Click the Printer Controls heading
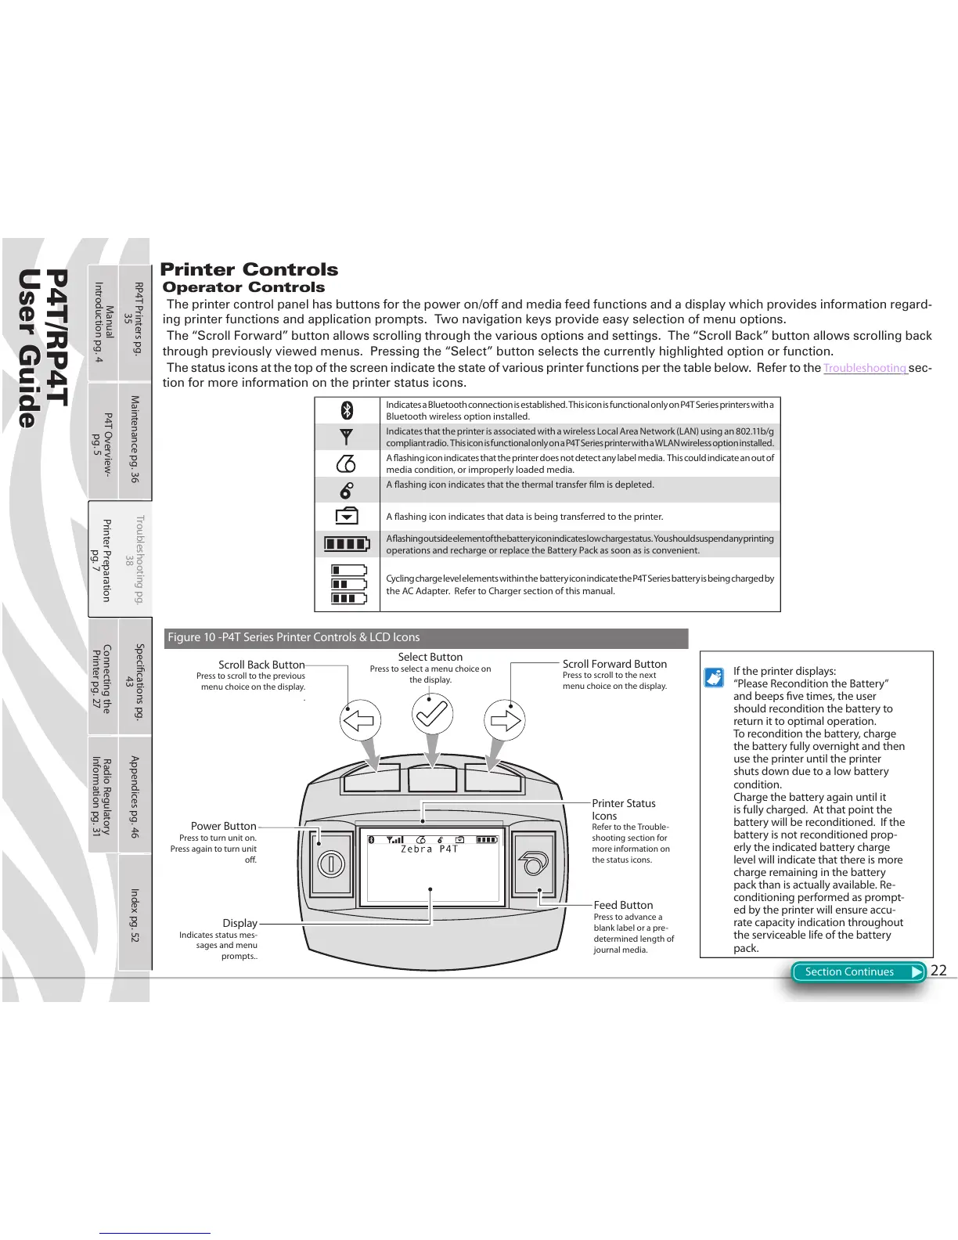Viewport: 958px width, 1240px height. [x=249, y=269]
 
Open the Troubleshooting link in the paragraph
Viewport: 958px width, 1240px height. [x=864, y=368]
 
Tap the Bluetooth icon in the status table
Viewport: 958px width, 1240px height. [x=348, y=409]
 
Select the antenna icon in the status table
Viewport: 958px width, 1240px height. [x=347, y=436]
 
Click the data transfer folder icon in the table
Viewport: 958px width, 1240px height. [x=347, y=516]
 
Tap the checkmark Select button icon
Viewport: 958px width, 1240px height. [x=432, y=714]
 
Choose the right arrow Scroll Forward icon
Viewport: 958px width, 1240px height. [x=506, y=719]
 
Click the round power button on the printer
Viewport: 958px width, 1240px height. [x=331, y=863]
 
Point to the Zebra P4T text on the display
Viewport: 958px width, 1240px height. [x=429, y=849]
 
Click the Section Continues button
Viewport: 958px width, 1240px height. [x=858, y=971]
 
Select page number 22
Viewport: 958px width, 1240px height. [x=938, y=971]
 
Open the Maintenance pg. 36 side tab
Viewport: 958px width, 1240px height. [x=135, y=440]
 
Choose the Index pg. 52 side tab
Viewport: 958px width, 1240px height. [x=135, y=914]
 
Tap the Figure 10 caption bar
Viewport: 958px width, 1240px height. [x=426, y=637]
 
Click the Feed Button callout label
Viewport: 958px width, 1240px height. [x=623, y=905]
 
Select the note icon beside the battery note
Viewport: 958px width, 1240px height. [x=714, y=677]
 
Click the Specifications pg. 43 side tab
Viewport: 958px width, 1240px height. [x=135, y=676]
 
